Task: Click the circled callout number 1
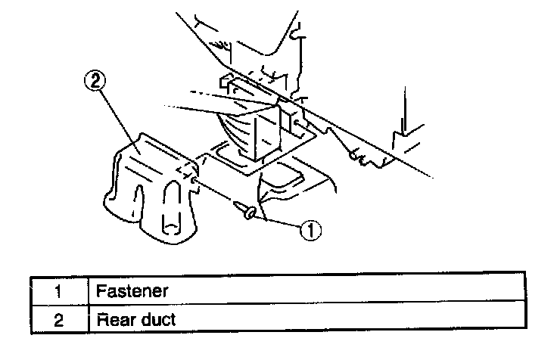[x=310, y=230]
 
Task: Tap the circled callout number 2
[x=95, y=81]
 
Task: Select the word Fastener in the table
[x=132, y=290]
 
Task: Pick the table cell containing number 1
[x=59, y=291]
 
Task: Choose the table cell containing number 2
[x=59, y=319]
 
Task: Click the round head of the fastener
[x=249, y=214]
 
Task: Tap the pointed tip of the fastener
[x=234, y=203]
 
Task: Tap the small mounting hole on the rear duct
[x=194, y=181]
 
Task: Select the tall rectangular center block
[x=267, y=132]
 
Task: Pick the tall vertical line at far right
[x=405, y=110]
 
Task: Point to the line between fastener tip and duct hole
[x=215, y=192]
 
